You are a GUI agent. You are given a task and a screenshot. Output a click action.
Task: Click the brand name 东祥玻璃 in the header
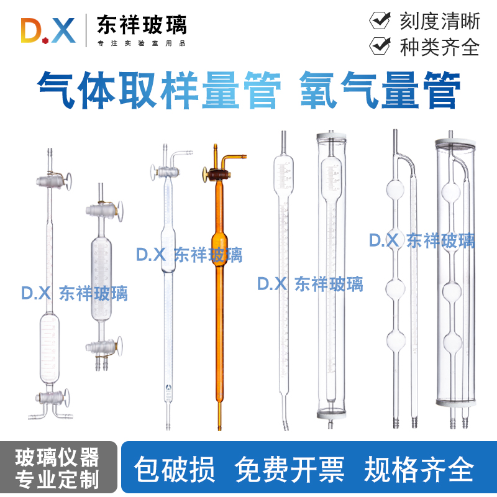141,24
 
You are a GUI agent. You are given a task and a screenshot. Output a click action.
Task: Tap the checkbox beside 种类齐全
380,46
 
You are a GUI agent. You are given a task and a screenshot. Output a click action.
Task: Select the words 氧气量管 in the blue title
380,90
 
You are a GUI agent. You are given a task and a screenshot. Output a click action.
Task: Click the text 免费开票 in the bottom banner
290,468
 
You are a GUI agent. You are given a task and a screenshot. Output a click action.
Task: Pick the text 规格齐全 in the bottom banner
419,468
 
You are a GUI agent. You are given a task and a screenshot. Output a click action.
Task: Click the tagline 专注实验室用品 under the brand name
141,43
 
